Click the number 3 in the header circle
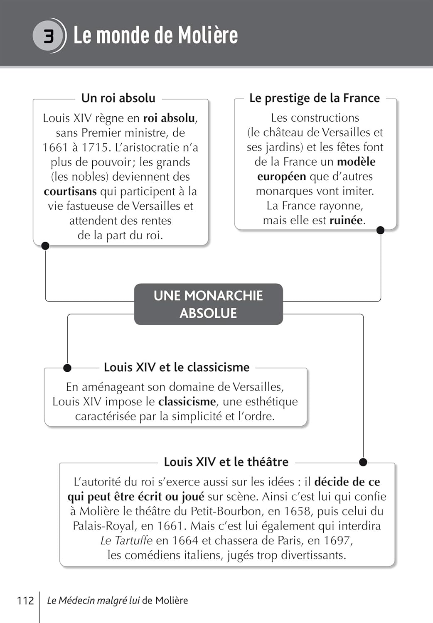pos(49,36)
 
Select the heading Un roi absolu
pos(118,98)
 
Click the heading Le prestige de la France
pos(315,98)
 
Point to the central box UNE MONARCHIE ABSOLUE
pos(208,304)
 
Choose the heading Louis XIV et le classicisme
pos(177,367)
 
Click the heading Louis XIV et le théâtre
pos(226,462)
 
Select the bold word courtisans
pos(70,191)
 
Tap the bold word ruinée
pos(346,220)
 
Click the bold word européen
pos(281,177)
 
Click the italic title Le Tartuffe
pos(126,540)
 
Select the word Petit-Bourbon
pos(221,511)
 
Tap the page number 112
pos(25,601)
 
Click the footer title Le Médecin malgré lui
pos(93,601)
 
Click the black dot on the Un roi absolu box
pos(45,246)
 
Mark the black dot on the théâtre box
pos(363,462)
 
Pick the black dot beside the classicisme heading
pos(67,368)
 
